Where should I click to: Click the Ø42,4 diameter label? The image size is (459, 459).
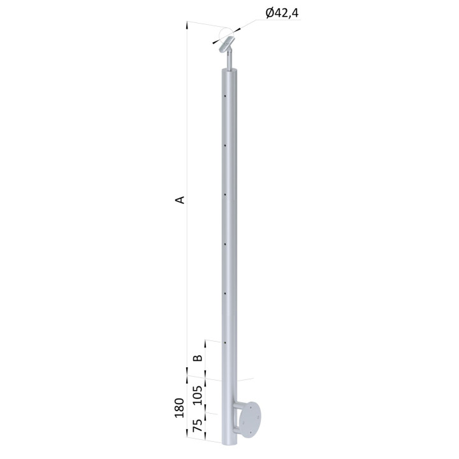pos(282,13)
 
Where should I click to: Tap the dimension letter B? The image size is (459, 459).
pos(198,358)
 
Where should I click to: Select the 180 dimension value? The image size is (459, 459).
pos(179,408)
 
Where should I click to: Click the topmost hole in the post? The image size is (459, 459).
pos(225,96)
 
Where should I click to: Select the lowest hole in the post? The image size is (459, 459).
pos(225,342)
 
